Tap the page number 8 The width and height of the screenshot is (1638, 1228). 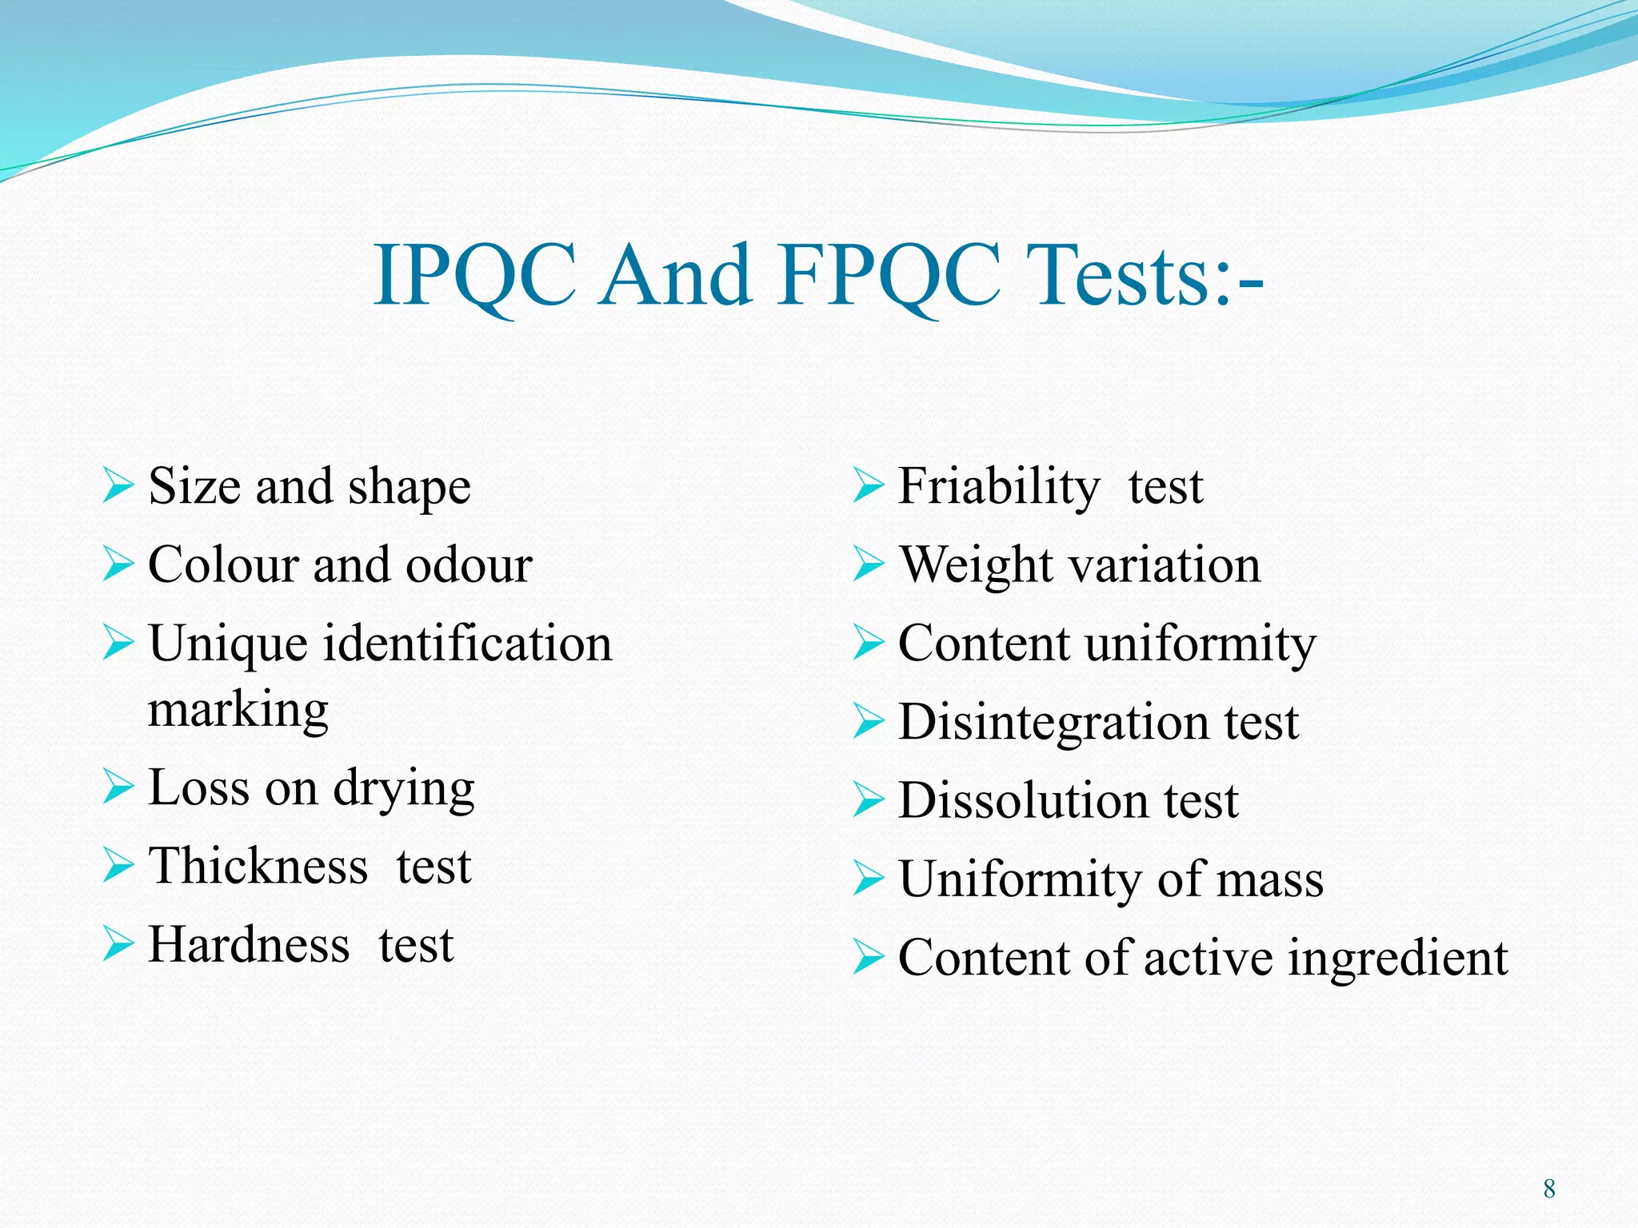tap(1548, 1188)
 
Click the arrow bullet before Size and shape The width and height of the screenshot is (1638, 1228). tap(118, 486)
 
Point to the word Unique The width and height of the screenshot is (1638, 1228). tap(228, 644)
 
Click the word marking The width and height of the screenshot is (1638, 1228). tap(238, 710)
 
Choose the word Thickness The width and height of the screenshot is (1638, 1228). tap(258, 866)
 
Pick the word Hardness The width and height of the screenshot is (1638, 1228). tap(249, 945)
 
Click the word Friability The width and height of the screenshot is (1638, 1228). tap(999, 486)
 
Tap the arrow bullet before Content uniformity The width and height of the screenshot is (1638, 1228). tap(868, 643)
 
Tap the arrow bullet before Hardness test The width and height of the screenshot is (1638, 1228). tap(118, 944)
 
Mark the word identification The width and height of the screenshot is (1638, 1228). tap(468, 644)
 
